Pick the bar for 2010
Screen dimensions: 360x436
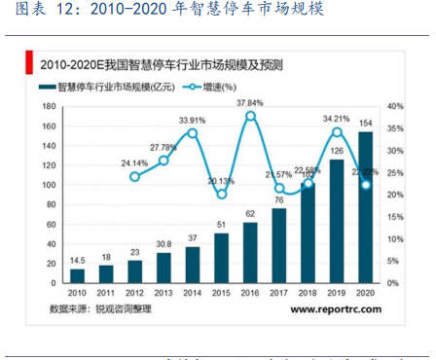coord(77,274)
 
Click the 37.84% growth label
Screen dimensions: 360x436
coord(250,101)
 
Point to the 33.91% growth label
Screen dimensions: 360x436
coord(193,121)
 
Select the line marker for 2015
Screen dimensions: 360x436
coord(221,194)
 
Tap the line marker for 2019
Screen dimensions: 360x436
coord(337,131)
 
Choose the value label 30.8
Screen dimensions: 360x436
coord(163,244)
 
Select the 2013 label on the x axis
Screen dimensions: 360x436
coord(163,291)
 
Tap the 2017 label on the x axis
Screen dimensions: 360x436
coord(279,291)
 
